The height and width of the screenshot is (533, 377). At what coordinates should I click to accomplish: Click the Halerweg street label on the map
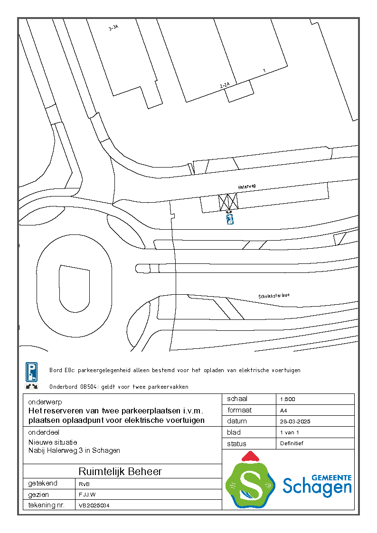(247, 187)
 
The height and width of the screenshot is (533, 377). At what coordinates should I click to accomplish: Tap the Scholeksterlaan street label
(274, 296)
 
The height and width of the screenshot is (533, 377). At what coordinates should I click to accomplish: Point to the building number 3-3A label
(113, 28)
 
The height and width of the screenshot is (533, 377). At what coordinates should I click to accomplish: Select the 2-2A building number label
(225, 85)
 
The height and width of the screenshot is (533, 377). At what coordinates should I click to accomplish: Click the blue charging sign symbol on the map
(230, 219)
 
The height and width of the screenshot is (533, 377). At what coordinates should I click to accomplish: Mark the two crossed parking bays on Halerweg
(228, 202)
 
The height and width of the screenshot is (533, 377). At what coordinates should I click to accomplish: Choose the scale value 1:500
(288, 399)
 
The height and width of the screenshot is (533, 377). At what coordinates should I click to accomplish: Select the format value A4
(283, 411)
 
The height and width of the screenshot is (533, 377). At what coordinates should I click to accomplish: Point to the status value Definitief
(292, 443)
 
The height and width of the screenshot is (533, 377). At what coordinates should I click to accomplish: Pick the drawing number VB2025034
(94, 506)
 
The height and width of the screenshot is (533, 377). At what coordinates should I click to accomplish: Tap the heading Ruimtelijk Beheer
(120, 471)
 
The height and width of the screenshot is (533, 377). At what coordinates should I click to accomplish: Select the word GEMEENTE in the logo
(331, 477)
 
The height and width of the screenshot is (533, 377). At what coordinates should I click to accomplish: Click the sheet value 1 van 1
(290, 432)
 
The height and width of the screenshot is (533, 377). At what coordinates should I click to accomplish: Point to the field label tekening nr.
(46, 505)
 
